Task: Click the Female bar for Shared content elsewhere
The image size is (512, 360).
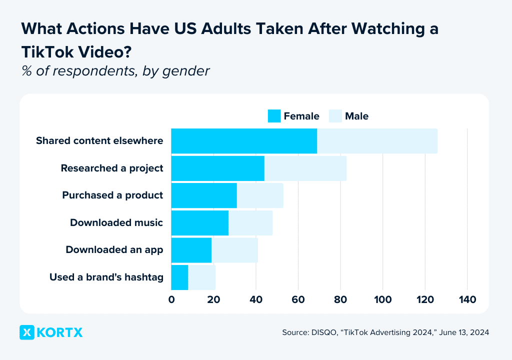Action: point(244,141)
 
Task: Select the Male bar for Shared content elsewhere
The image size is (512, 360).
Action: point(377,141)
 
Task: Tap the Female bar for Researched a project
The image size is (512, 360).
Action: point(217,168)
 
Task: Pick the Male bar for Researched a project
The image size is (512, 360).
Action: point(305,168)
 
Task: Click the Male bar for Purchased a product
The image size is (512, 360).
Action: point(260,195)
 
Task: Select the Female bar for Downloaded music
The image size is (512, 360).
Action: point(200,222)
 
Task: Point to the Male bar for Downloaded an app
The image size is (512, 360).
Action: point(234,250)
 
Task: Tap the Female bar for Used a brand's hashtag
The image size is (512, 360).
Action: point(179,277)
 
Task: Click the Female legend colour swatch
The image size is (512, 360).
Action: point(274,116)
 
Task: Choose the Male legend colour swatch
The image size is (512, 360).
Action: point(335,116)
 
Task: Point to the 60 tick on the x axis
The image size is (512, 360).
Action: point(298,299)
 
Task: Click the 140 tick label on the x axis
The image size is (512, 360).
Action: point(467,299)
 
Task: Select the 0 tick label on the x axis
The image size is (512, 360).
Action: point(171,299)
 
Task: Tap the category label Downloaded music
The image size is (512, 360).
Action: point(116,222)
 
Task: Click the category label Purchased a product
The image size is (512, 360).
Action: point(112,195)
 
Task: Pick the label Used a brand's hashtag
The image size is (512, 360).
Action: point(106,277)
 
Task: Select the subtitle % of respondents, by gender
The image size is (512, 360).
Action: point(115,71)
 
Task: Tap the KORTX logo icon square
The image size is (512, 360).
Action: point(27,332)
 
